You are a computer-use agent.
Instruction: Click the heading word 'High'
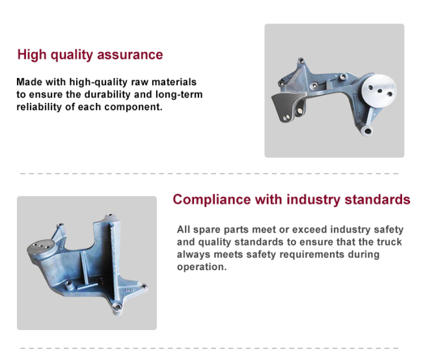(32, 55)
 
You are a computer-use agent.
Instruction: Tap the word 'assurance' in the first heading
(130, 55)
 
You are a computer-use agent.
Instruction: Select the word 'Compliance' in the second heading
(211, 201)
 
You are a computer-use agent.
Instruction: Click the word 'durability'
(107, 95)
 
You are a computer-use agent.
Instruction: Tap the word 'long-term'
(179, 95)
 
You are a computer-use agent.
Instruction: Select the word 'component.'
(133, 107)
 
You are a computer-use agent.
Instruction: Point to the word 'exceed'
(309, 230)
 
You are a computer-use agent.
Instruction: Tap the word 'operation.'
(202, 267)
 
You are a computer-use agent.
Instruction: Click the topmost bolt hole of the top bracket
(301, 61)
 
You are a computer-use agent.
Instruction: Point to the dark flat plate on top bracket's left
(286, 105)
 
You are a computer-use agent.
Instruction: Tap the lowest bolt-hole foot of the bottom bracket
(116, 308)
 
